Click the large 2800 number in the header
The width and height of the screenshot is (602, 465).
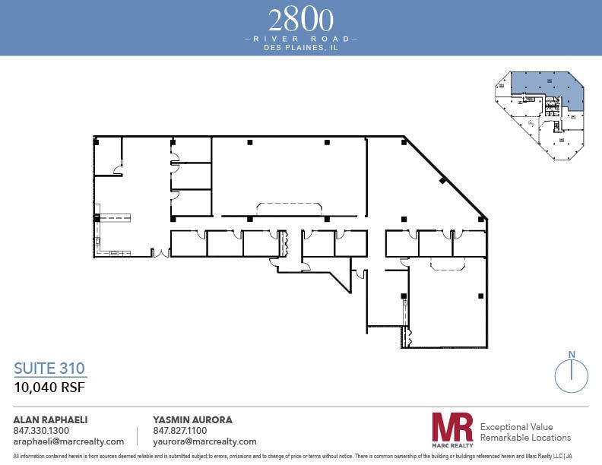tap(300, 19)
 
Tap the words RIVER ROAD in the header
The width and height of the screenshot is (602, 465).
tap(300, 37)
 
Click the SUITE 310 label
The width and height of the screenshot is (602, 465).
tap(49, 369)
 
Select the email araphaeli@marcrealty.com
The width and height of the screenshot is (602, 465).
tap(68, 441)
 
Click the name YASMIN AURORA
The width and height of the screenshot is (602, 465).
tap(193, 419)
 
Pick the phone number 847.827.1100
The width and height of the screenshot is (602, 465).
tap(179, 430)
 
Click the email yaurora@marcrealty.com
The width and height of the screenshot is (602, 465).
tap(204, 441)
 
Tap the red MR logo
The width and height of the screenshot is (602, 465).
tap(452, 429)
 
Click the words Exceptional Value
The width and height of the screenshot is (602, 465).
tap(516, 427)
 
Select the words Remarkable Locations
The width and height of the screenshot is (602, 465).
tap(525, 438)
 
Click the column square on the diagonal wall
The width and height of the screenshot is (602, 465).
tap(442, 180)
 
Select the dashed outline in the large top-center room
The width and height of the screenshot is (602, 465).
tap(289, 208)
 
